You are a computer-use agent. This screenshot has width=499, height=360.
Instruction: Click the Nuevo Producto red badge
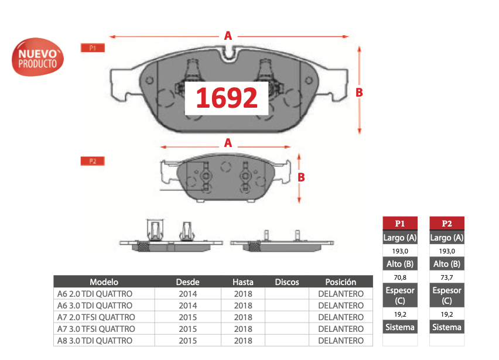pyautogui.click(x=37, y=57)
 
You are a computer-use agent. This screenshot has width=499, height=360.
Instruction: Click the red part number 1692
pyautogui.click(x=226, y=98)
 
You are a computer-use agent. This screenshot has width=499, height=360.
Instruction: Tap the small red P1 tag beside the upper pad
pyautogui.click(x=93, y=47)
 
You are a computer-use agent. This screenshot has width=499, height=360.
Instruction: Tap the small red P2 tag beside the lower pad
pyautogui.click(x=93, y=161)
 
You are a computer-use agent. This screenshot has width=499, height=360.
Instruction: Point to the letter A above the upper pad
pyautogui.click(x=228, y=36)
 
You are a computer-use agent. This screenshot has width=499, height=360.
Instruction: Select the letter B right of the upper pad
pyautogui.click(x=359, y=92)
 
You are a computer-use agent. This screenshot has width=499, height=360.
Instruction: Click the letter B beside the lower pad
pyautogui.click(x=301, y=177)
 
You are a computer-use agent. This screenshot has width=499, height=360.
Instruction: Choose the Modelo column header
pyautogui.click(x=104, y=282)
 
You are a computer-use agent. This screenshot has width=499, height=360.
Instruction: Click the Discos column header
pyautogui.click(x=287, y=282)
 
